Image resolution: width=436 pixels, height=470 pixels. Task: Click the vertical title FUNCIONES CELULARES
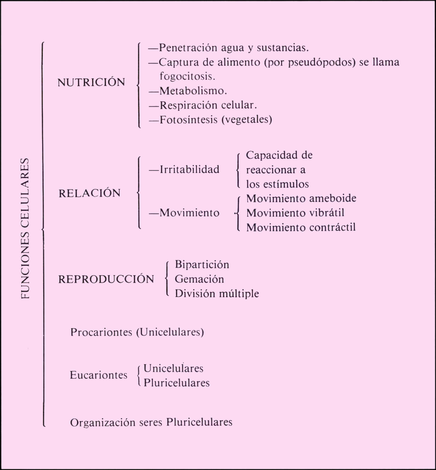(25, 228)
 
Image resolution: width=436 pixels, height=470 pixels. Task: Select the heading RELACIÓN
(89, 193)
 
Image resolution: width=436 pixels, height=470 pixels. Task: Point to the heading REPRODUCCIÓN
(106, 279)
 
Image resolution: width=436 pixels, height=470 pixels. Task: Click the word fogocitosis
(187, 76)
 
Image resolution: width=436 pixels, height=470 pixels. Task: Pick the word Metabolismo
(193, 91)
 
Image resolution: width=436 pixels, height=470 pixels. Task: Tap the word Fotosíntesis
(188, 120)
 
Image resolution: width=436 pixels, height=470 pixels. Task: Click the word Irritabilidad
(189, 169)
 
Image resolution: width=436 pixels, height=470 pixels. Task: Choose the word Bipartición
(202, 265)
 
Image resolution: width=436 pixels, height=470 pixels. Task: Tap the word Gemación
(199, 279)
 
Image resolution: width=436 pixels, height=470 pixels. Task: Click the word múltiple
(239, 294)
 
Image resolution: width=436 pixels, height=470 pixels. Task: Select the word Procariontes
(101, 332)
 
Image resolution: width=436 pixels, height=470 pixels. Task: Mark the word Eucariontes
(99, 375)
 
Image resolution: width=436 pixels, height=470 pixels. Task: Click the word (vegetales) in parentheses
(247, 120)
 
